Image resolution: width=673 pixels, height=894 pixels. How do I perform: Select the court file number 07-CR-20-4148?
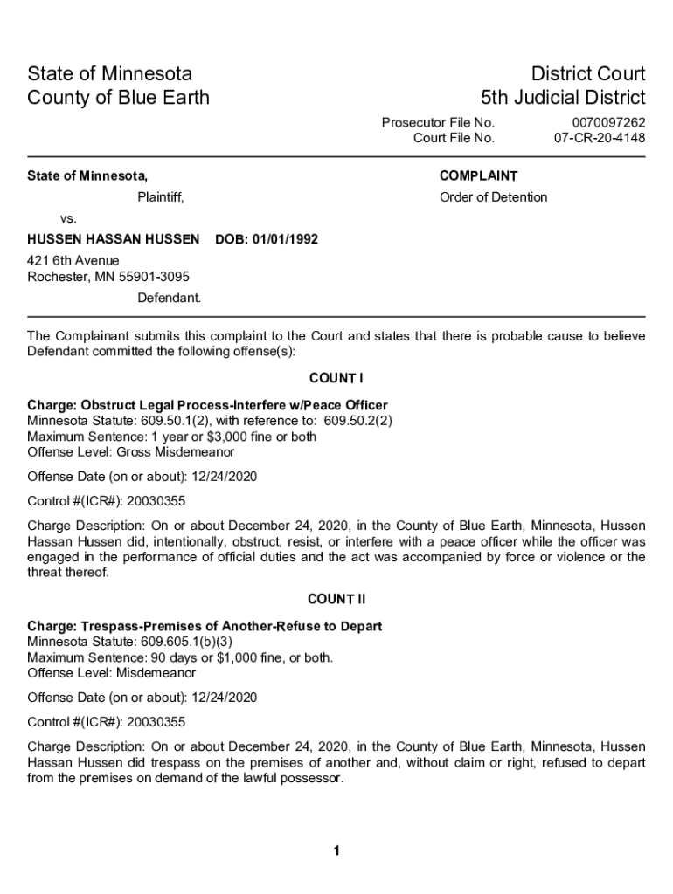(x=600, y=138)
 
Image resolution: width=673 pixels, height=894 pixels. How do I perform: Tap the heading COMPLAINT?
(x=478, y=175)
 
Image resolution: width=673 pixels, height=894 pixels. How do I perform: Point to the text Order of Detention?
(x=493, y=197)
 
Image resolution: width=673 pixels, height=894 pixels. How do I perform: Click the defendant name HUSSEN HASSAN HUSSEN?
(x=114, y=238)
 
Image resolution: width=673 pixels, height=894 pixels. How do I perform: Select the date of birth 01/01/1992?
(x=285, y=238)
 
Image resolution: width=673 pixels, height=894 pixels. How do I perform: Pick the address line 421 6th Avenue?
(x=73, y=261)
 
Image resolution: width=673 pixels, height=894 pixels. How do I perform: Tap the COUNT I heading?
(x=336, y=378)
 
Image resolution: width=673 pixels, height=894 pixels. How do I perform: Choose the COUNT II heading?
(x=336, y=600)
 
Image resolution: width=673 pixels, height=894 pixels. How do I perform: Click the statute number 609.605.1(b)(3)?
(x=184, y=643)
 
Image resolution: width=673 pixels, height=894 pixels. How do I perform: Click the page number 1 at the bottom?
(x=336, y=851)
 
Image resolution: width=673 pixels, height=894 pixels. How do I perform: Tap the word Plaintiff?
(x=160, y=197)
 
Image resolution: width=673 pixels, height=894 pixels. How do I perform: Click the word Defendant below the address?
(x=169, y=298)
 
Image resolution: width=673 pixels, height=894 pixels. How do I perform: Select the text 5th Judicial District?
(x=563, y=97)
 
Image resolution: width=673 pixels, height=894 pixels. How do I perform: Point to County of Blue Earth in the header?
(x=119, y=97)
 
